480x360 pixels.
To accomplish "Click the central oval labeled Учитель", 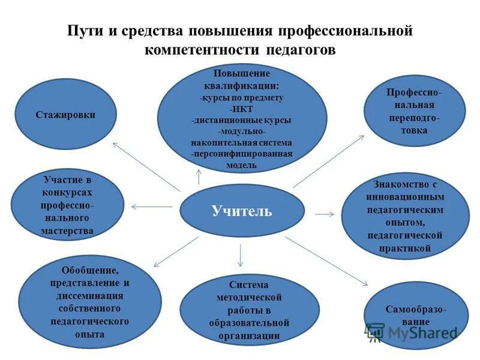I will pos(242,211).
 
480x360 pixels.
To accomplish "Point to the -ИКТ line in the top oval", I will pos(241,109).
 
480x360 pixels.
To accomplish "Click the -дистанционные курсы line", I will pos(241,120).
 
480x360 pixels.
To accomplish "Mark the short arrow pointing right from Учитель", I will pos(324,213).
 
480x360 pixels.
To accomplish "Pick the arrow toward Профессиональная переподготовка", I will pos(328,161).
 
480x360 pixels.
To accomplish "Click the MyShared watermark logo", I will pos(411,332).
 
